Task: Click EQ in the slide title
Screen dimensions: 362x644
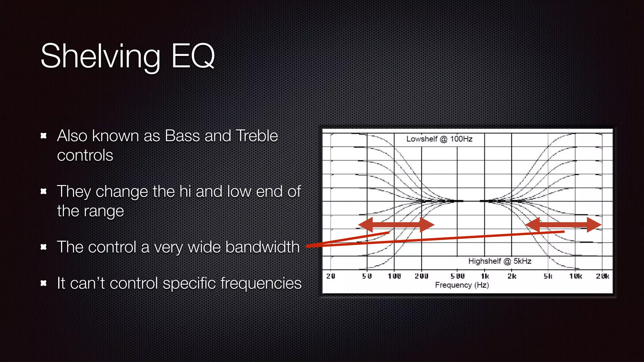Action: coord(193,57)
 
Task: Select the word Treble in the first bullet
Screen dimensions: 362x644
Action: coord(257,136)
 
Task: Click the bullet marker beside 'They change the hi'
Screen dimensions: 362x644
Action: coord(44,191)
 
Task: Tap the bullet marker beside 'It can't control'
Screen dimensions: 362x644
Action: coord(44,283)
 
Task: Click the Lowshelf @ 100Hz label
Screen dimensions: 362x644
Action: coord(439,139)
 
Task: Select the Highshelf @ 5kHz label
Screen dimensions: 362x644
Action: coord(500,261)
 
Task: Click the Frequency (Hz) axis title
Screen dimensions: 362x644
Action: coord(462,285)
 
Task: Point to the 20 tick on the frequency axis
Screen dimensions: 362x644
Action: coord(330,276)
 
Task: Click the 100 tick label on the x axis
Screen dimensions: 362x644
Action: coord(394,276)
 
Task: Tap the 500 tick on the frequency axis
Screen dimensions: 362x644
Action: coord(458,276)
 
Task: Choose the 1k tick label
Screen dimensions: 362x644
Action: coord(485,276)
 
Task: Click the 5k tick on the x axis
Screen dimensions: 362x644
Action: coord(548,276)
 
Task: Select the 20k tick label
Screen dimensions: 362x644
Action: coord(602,276)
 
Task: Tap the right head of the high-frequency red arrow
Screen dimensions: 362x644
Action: coord(594,225)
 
